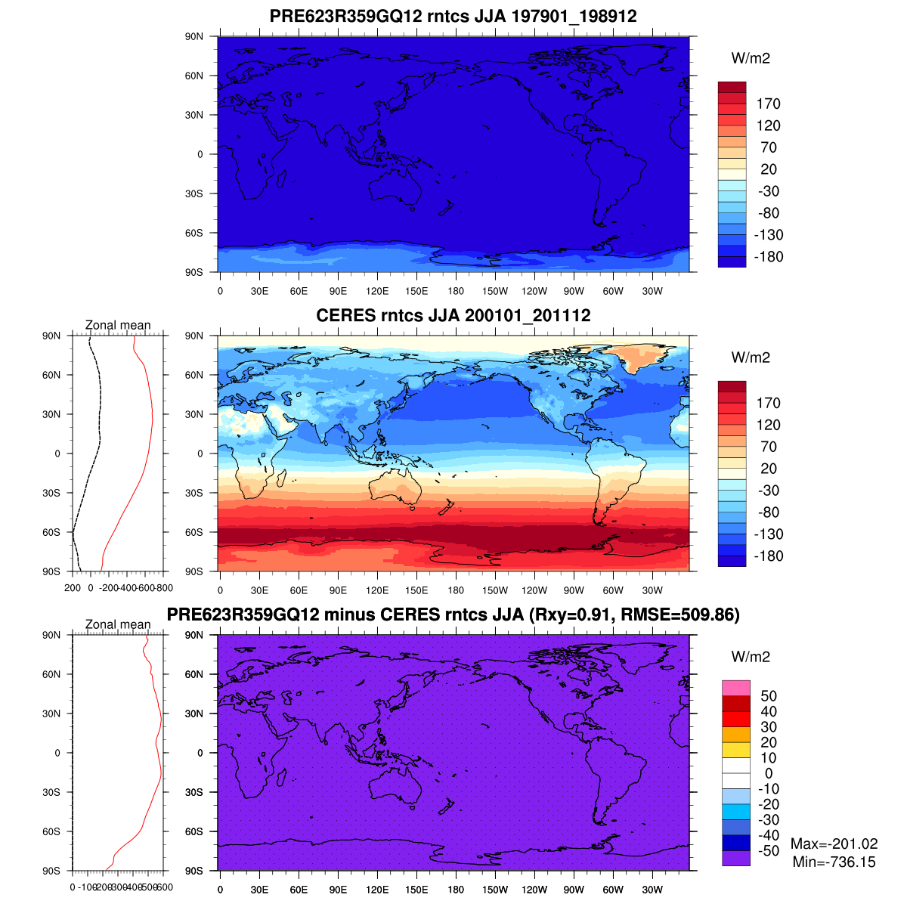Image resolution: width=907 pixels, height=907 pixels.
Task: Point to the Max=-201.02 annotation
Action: point(834,844)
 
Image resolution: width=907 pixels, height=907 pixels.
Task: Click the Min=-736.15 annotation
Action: point(834,862)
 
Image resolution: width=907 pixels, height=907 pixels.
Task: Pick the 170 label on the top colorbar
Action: point(768,104)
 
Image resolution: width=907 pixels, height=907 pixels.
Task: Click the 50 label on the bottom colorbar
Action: point(769,696)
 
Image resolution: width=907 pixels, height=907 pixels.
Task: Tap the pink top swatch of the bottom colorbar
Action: point(735,688)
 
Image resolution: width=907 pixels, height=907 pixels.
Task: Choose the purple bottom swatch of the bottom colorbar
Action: point(735,858)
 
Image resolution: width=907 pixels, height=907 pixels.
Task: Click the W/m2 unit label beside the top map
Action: point(751,59)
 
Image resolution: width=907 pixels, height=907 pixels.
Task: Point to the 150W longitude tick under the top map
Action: point(495,292)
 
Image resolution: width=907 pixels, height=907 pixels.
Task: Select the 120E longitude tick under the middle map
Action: point(377,591)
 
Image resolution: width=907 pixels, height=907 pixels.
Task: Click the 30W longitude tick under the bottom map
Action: point(652,890)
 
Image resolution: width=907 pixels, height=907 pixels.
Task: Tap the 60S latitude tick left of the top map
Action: point(194,233)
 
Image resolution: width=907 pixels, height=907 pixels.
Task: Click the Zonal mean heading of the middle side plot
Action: point(118,325)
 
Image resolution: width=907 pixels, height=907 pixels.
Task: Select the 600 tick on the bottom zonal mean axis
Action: point(164,887)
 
